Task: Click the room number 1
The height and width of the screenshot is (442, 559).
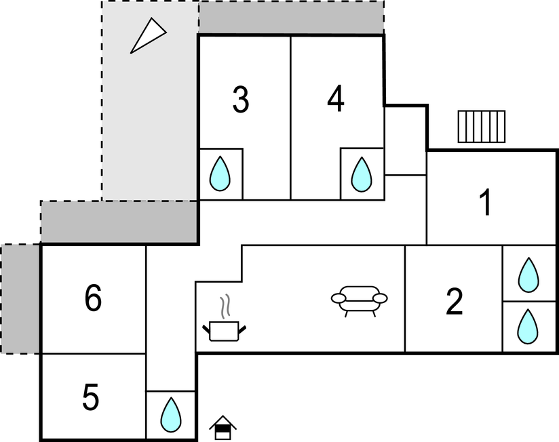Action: point(485,203)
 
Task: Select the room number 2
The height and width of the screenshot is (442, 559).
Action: point(454,302)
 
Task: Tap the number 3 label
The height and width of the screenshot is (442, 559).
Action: point(240,100)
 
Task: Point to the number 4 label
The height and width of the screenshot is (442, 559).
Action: point(336,100)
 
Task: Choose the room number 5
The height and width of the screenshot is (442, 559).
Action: point(91,397)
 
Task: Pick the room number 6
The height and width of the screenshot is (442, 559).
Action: point(94,298)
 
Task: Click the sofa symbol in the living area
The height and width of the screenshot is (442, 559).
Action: point(360,300)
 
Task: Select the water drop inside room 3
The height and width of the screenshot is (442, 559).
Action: point(220,174)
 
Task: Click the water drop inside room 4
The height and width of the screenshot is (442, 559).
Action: point(362,174)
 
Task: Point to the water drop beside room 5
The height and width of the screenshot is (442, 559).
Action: point(171,414)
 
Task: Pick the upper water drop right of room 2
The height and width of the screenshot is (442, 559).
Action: point(528,274)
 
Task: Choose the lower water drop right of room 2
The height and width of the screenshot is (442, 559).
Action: point(528,327)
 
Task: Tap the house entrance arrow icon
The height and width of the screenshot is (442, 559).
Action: point(223,428)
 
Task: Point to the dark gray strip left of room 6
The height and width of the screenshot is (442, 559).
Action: point(20,298)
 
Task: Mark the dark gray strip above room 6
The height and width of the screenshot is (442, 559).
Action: point(119,222)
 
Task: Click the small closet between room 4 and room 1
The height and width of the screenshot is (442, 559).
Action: point(405,141)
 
